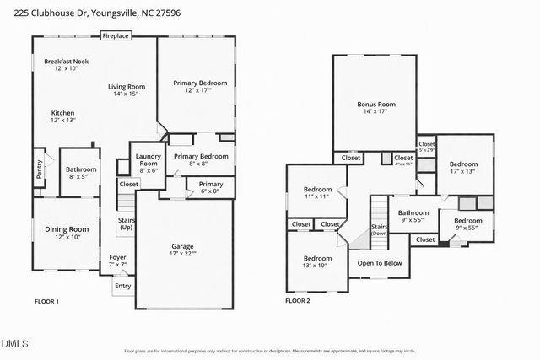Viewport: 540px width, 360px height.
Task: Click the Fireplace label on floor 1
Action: coord(116,37)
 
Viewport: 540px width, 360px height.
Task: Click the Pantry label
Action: coord(39,169)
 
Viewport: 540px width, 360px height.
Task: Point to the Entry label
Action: coord(123,286)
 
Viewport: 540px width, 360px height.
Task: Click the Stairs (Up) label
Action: coord(125,224)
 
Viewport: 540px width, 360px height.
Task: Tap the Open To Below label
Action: coord(380,263)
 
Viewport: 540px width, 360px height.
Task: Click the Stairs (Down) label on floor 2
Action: coord(380,229)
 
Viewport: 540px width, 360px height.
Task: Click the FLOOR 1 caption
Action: coord(46,301)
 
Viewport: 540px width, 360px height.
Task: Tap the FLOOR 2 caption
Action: coord(297,301)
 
